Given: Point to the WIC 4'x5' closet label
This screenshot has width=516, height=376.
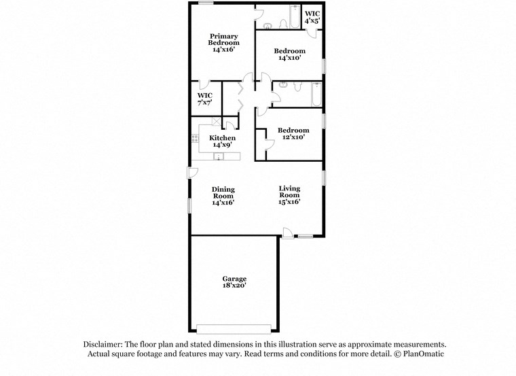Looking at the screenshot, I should (312, 18).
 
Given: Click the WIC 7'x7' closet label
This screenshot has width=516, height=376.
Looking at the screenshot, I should (204, 99).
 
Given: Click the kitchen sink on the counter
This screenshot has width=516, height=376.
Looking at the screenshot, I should (219, 157).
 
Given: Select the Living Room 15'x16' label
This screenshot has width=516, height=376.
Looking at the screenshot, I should (289, 194).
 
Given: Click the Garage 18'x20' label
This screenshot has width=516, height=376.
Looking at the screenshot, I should (234, 282).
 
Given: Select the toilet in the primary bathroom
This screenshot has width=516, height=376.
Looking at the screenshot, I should (270, 26).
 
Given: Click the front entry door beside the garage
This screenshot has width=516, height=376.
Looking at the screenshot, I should (287, 234).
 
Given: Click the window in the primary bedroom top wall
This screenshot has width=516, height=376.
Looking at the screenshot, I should (206, 3).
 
